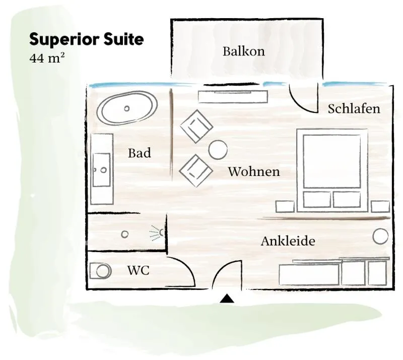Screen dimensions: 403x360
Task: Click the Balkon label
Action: click(244, 51)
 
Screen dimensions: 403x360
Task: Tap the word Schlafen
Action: click(354, 108)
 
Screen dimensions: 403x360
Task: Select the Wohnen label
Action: click(254, 171)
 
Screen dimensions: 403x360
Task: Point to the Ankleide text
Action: click(288, 241)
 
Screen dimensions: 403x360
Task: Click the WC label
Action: click(138, 270)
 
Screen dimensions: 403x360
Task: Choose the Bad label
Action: click(140, 153)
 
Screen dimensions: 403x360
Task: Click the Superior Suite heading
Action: click(86, 39)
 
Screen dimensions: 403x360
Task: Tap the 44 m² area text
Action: click(47, 58)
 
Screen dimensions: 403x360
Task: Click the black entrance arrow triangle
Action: click(227, 298)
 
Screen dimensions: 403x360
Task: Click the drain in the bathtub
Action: click(127, 108)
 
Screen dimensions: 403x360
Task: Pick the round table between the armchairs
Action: click(218, 150)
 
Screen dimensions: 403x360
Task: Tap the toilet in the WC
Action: click(101, 271)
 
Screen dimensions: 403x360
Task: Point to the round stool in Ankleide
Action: click(380, 236)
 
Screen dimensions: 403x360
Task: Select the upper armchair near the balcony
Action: click(196, 127)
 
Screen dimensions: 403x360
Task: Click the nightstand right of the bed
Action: click(380, 207)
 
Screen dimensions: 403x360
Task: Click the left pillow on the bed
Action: click(317, 200)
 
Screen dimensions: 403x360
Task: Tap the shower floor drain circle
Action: click(124, 234)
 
